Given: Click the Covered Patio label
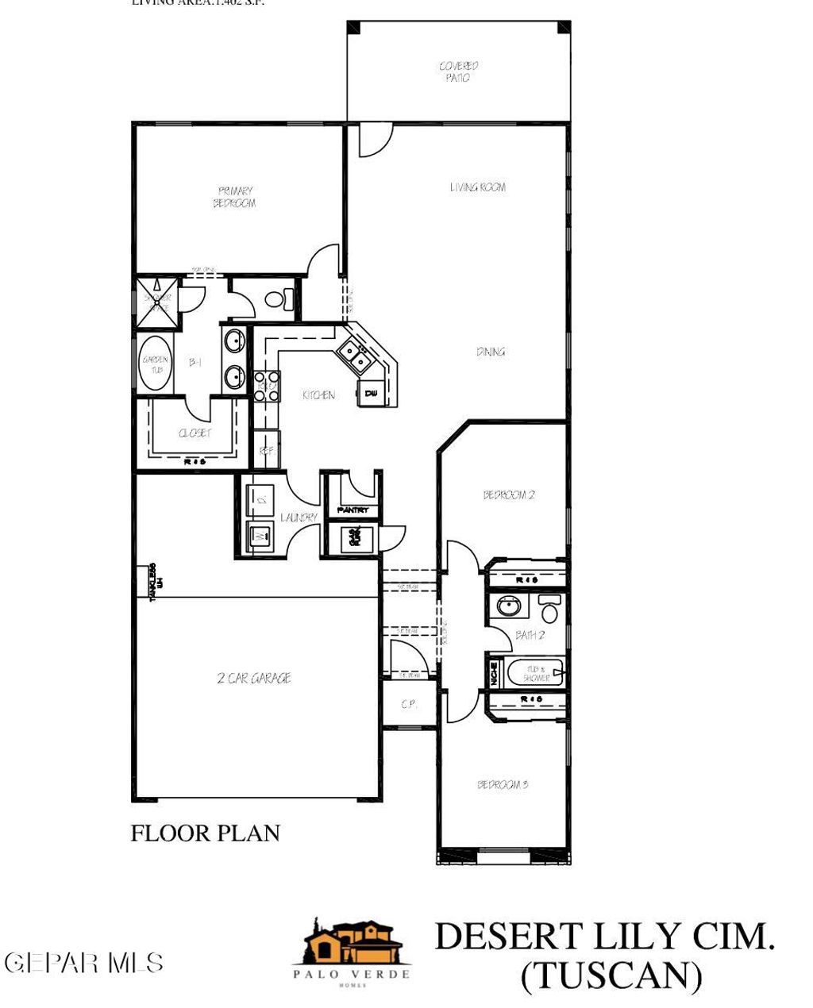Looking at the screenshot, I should click(458, 72).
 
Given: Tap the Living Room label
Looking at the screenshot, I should click(477, 187).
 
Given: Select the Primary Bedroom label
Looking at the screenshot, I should click(235, 197).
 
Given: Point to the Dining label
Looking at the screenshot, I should click(491, 352).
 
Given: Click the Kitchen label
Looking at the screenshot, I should click(318, 394).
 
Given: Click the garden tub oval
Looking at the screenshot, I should click(155, 364).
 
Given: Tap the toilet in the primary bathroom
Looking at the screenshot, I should click(277, 299).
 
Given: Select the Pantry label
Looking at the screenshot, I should click(353, 510).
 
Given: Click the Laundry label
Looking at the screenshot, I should click(299, 517).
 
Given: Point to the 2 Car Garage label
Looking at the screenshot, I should click(253, 678).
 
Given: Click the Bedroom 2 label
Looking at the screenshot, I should click(509, 494).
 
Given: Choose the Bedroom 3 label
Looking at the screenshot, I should click(502, 784).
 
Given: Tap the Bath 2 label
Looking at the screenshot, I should click(530, 634).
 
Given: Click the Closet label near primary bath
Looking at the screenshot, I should click(195, 433).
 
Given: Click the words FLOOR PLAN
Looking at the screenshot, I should click(205, 833).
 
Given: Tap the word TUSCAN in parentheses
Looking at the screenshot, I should click(611, 975).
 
